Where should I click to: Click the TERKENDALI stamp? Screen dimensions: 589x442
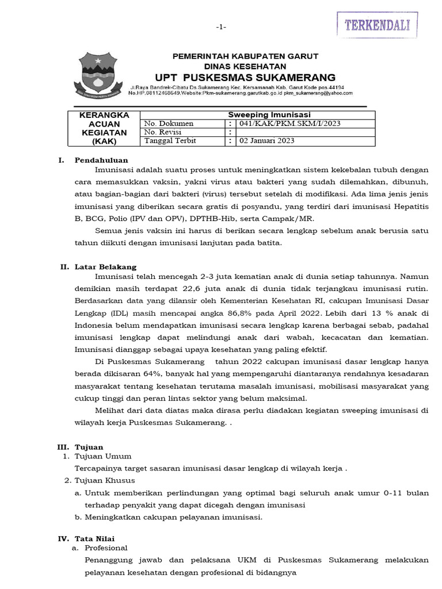377,25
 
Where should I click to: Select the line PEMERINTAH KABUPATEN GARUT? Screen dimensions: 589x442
237,56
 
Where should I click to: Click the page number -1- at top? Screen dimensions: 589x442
222,27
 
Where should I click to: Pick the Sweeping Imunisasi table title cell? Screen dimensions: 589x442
261,115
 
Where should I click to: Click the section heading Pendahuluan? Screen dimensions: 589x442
101,160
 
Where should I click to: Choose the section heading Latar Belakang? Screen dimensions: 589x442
105,267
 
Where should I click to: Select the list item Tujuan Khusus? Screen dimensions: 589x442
104,480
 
